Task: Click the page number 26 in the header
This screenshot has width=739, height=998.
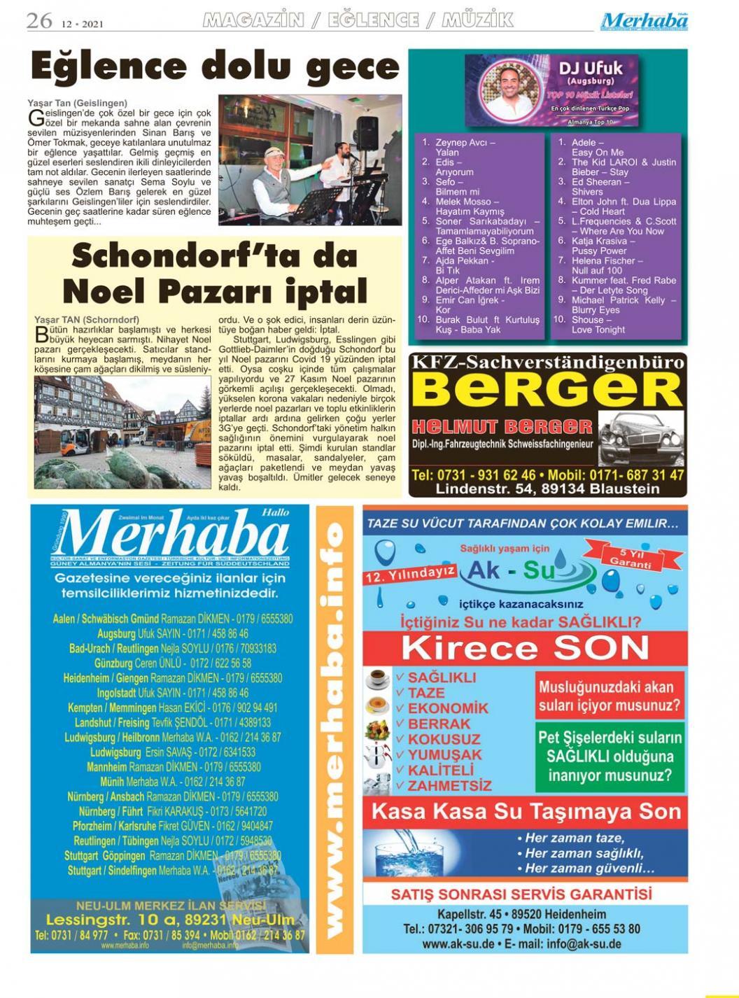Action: (x=39, y=20)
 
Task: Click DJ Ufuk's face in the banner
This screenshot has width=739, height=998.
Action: (x=509, y=88)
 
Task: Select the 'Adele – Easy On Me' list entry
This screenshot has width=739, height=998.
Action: (x=597, y=147)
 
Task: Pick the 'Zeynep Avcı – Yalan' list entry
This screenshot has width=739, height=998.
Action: (x=465, y=147)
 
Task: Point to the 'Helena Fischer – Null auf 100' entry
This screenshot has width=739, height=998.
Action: (x=606, y=265)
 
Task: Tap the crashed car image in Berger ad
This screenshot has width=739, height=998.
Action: (x=640, y=437)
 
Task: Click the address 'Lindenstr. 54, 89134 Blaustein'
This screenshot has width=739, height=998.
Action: (x=547, y=489)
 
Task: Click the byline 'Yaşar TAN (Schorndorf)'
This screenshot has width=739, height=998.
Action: (x=87, y=320)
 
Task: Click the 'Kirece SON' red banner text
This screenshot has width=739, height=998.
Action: (x=524, y=647)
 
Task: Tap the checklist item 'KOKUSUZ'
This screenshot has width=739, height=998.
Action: (x=444, y=739)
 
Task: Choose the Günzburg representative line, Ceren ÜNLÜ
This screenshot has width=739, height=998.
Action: (x=172, y=663)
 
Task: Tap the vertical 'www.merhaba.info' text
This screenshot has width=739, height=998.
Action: (x=335, y=728)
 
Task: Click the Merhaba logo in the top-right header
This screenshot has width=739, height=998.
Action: (x=644, y=22)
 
